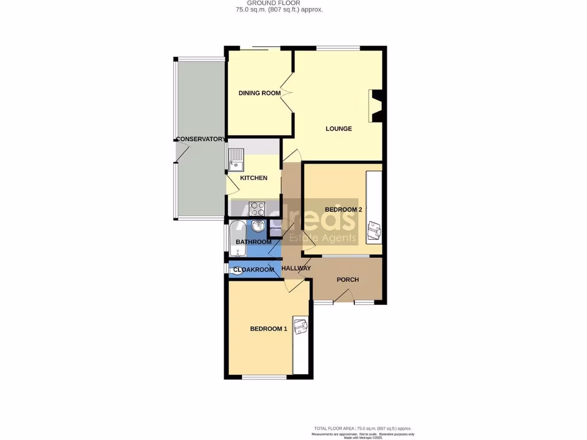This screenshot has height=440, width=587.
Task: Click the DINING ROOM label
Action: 260,93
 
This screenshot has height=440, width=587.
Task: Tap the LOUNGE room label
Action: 339,128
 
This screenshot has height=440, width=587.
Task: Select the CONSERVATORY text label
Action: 201,139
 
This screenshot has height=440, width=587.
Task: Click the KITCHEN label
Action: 253,178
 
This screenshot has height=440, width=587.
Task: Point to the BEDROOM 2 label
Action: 343,210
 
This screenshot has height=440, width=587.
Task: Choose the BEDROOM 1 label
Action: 268,329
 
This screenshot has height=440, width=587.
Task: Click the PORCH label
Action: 347,280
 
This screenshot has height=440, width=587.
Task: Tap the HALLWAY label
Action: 296,268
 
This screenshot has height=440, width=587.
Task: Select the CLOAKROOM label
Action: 253,269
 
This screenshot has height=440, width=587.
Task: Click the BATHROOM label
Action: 253,242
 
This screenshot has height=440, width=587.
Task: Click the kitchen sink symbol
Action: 236,160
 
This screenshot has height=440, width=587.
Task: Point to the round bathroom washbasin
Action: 258,226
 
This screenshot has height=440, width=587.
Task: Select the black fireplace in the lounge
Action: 377,106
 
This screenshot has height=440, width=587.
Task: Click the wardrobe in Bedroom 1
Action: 301,344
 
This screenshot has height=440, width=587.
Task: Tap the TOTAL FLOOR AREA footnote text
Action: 362,429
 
